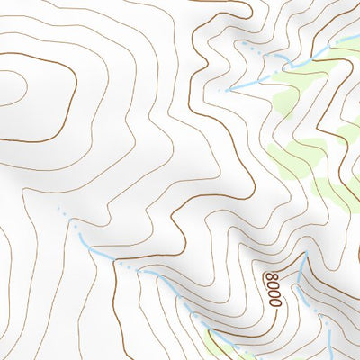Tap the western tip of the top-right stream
(x=227, y=90)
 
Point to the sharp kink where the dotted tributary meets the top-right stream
(x=290, y=63)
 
